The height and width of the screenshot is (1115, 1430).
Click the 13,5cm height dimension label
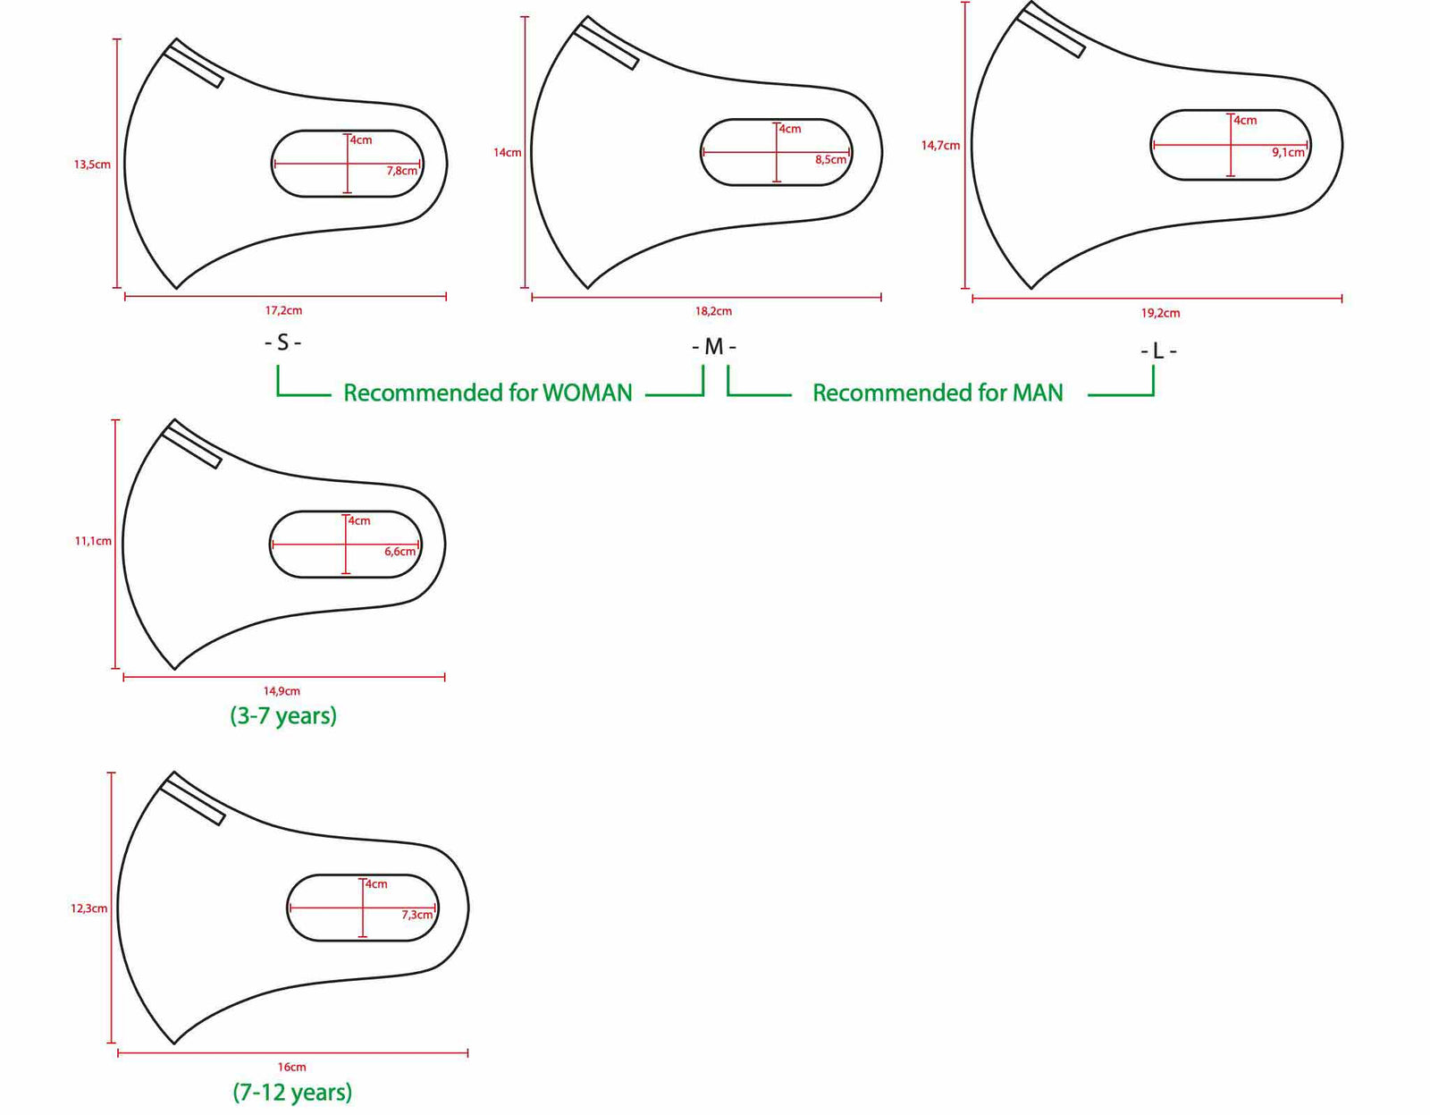(92, 165)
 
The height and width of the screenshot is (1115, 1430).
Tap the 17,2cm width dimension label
(283, 311)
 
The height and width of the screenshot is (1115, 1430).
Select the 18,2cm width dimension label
(713, 312)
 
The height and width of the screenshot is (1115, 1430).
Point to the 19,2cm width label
(1160, 314)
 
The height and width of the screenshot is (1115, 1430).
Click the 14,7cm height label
(940, 146)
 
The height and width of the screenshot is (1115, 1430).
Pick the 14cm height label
(507, 153)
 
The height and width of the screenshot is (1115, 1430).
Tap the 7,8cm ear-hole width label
(402, 171)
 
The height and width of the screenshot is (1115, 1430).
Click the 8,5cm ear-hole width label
(830, 160)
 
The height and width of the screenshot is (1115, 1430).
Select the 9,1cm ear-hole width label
(1288, 153)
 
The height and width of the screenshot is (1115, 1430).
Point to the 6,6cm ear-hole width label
(400, 552)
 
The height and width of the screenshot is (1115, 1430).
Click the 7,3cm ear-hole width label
(416, 915)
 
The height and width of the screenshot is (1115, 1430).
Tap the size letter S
(282, 342)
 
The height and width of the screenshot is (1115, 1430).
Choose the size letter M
(713, 347)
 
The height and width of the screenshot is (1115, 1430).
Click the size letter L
(1158, 351)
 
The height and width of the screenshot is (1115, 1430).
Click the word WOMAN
(587, 393)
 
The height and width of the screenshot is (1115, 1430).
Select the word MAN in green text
(1037, 393)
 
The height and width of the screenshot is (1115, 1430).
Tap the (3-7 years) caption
(283, 716)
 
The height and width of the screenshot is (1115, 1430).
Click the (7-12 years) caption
(292, 1093)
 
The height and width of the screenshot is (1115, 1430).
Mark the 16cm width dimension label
(291, 1068)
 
